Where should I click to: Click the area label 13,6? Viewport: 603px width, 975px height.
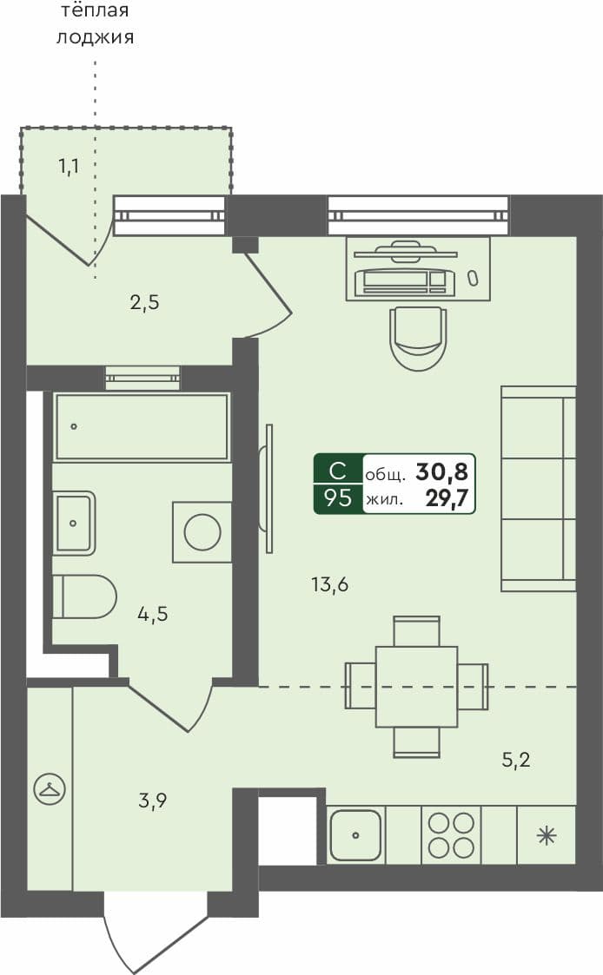329,584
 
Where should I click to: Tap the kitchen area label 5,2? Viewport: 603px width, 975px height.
516,761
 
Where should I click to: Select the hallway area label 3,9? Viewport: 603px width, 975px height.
152,800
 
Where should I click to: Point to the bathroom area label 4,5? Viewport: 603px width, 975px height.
152,614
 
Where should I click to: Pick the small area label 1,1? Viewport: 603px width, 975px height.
69,166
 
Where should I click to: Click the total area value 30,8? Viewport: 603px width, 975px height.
441,472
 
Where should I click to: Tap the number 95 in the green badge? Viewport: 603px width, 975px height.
338,498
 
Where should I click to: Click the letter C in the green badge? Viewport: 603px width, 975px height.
338,471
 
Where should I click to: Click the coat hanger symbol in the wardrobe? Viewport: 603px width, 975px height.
49,789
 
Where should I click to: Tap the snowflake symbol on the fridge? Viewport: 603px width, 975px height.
546,836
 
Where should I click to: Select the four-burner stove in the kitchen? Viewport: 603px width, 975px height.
451,835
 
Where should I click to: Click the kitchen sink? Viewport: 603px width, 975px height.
356,835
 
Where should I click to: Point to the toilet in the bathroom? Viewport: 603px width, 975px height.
84,596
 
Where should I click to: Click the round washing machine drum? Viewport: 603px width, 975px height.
202,531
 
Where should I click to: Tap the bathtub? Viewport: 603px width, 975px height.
142,426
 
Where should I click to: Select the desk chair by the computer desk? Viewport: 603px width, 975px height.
419,337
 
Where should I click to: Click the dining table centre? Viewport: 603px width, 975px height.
416,687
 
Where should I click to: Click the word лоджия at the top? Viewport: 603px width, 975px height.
95,37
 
